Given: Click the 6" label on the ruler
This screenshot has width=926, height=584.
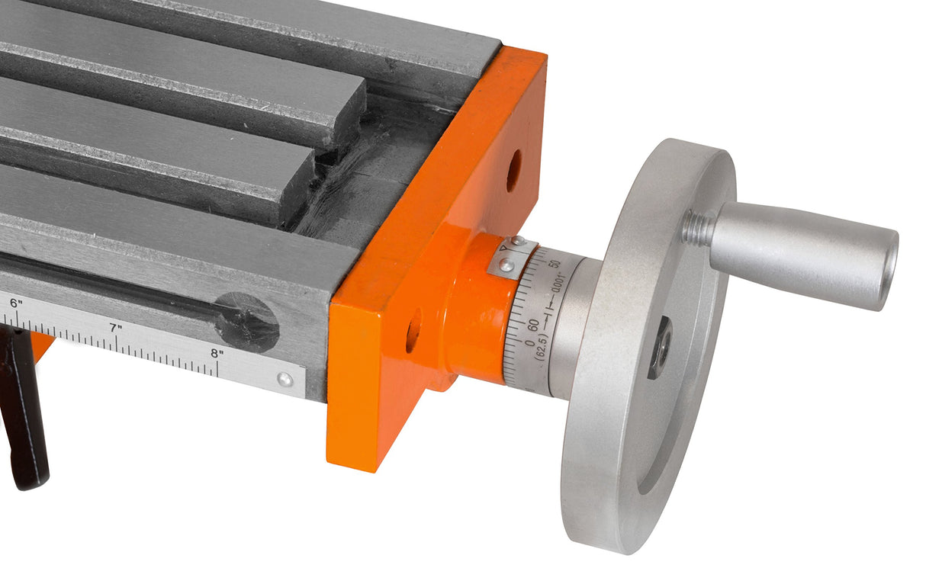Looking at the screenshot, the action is point(16,303).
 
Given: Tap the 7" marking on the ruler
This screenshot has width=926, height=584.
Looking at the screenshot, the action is point(116,328).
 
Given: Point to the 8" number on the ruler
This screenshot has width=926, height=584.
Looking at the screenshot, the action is point(217,354).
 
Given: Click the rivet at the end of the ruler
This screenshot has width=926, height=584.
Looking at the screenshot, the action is point(285,380).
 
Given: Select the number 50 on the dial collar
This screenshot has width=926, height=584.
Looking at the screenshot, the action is point(556,263).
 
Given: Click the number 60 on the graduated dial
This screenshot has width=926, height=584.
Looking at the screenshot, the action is point(534,326).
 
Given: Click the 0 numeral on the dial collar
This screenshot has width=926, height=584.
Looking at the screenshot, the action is point(529,342).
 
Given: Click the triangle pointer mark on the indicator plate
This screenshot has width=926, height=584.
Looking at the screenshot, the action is point(503,248).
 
